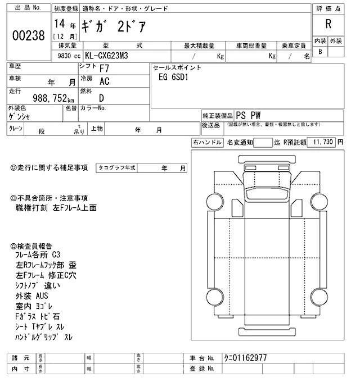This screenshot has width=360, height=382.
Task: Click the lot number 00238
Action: tap(28, 35)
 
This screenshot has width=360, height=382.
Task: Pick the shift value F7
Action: tap(104, 68)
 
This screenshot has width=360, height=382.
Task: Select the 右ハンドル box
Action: tap(207, 143)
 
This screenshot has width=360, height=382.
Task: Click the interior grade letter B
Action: tap(321, 52)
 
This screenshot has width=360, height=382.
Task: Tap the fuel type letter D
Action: tap(101, 97)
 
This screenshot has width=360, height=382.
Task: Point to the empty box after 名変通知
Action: tap(263, 143)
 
